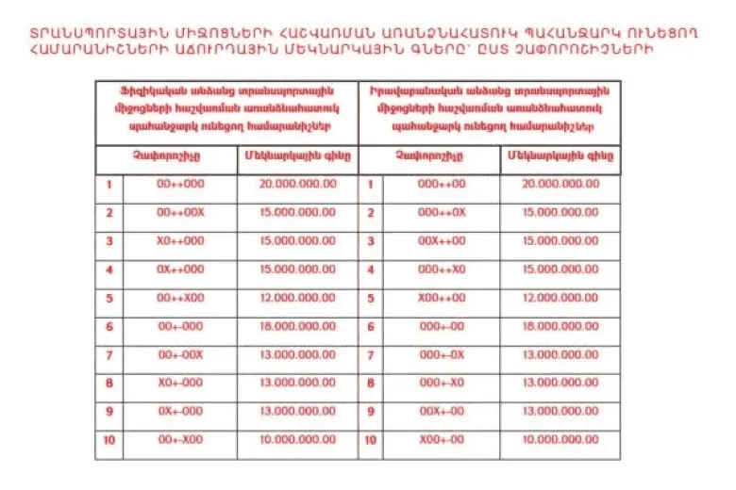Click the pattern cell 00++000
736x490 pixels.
[179, 184]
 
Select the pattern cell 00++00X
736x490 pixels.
[179, 212]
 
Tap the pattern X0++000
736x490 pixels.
[179, 241]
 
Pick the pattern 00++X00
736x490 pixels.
[179, 298]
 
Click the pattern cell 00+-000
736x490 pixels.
[179, 326]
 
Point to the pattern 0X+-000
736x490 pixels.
[179, 411]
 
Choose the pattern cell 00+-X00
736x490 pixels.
[179, 440]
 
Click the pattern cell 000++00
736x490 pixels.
[442, 184]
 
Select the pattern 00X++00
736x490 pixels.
[442, 241]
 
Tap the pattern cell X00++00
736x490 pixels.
[442, 298]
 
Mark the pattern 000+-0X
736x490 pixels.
[442, 354]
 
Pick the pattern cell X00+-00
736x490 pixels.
[442, 440]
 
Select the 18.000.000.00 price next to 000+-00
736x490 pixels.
[560, 326]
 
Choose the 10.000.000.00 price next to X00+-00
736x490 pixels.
[560, 440]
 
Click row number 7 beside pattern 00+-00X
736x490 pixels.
[109, 354]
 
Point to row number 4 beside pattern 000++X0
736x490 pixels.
[370, 269]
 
